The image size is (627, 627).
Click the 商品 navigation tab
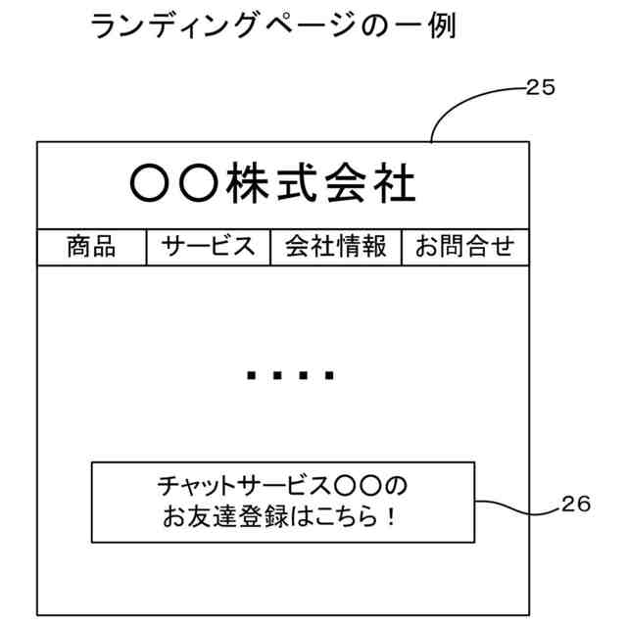(91, 247)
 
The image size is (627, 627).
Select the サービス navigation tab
(209, 247)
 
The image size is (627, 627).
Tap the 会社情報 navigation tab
(336, 247)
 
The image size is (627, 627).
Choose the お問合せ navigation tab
(464, 247)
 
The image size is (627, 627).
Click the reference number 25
(540, 87)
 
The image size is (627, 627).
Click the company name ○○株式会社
(273, 183)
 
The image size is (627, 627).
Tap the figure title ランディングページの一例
(272, 26)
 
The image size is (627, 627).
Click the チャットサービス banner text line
(281, 486)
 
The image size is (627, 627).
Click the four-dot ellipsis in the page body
(291, 374)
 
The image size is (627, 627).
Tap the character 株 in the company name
(246, 183)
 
